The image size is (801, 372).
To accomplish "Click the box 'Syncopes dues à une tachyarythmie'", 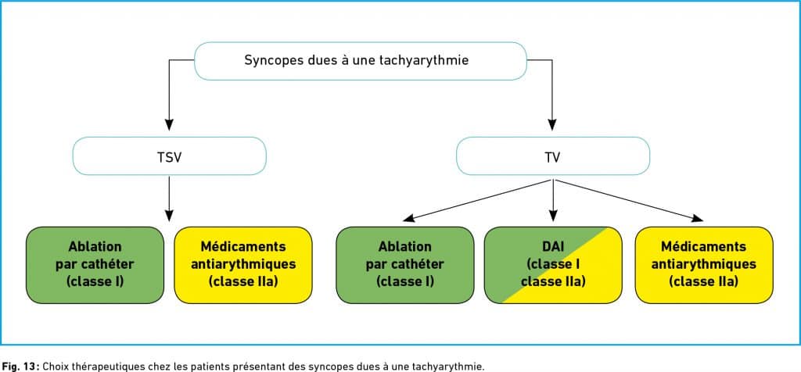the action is [x=360, y=61].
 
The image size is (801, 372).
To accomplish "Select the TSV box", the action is [x=169, y=156].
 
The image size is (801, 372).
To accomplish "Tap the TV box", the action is [x=553, y=156].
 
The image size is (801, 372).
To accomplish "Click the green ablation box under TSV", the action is [x=95, y=265].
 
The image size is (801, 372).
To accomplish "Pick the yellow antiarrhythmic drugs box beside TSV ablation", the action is [x=243, y=265].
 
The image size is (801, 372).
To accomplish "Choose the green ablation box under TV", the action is [x=405, y=265].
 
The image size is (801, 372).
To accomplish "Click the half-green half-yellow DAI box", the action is [x=553, y=265].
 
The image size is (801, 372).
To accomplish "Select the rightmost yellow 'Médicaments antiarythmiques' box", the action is [x=704, y=265].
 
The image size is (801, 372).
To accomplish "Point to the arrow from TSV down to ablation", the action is [x=169, y=198].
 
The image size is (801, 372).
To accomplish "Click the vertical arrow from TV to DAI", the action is [x=553, y=200].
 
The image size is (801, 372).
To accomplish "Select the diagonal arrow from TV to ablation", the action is [x=478, y=200].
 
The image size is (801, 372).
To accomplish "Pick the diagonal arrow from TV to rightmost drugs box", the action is [x=629, y=200].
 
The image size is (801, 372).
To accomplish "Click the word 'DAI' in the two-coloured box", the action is [x=553, y=247].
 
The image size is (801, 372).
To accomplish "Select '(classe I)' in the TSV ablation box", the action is [x=95, y=281].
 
